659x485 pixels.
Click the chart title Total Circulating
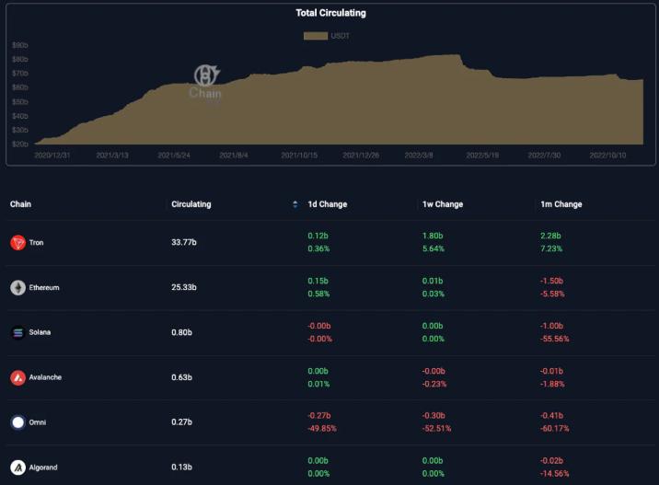click(330, 13)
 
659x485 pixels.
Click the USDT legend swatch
click(316, 36)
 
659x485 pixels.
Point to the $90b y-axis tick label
click(19, 45)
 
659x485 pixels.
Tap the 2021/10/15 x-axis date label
click(299, 155)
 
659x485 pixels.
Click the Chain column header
click(20, 204)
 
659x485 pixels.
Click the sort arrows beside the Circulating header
click(295, 204)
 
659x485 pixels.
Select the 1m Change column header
click(561, 204)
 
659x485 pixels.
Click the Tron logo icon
click(18, 243)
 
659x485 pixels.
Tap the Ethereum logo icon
click(18, 288)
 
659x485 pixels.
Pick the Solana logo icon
click(18, 332)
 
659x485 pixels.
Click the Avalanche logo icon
click(18, 377)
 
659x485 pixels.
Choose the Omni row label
click(37, 422)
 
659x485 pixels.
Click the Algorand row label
click(42, 468)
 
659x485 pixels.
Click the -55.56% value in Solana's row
click(555, 339)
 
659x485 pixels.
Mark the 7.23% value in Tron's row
click(551, 248)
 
